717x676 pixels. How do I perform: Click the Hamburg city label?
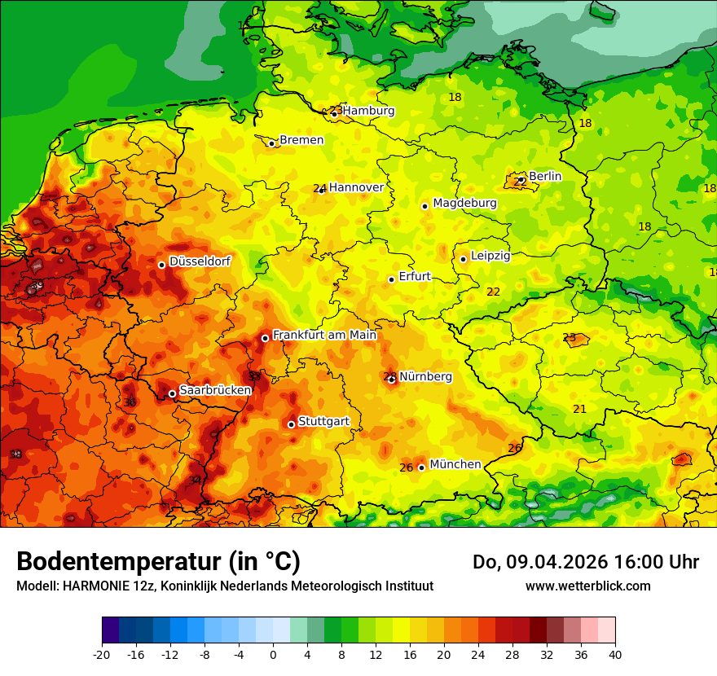tap(368, 111)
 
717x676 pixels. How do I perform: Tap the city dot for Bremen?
tap(272, 143)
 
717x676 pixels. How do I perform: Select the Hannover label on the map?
tap(356, 187)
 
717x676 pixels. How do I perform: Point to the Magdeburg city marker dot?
tap(425, 206)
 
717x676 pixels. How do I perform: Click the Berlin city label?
tap(545, 176)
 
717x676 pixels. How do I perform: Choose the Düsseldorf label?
tap(200, 261)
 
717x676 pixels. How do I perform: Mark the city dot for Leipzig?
tap(463, 259)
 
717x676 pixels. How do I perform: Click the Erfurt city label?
tap(415, 277)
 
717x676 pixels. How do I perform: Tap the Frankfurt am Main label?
tap(324, 335)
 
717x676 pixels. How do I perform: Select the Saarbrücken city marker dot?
tap(172, 394)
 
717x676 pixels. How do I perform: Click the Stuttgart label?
tap(324, 421)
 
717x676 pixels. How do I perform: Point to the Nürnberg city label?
tap(425, 376)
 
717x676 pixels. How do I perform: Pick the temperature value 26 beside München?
tap(407, 467)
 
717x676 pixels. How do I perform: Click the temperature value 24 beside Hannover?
tap(319, 188)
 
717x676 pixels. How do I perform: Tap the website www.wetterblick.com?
tap(588, 586)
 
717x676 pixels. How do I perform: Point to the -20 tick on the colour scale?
tap(102, 655)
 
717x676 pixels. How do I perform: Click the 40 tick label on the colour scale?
tap(615, 655)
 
